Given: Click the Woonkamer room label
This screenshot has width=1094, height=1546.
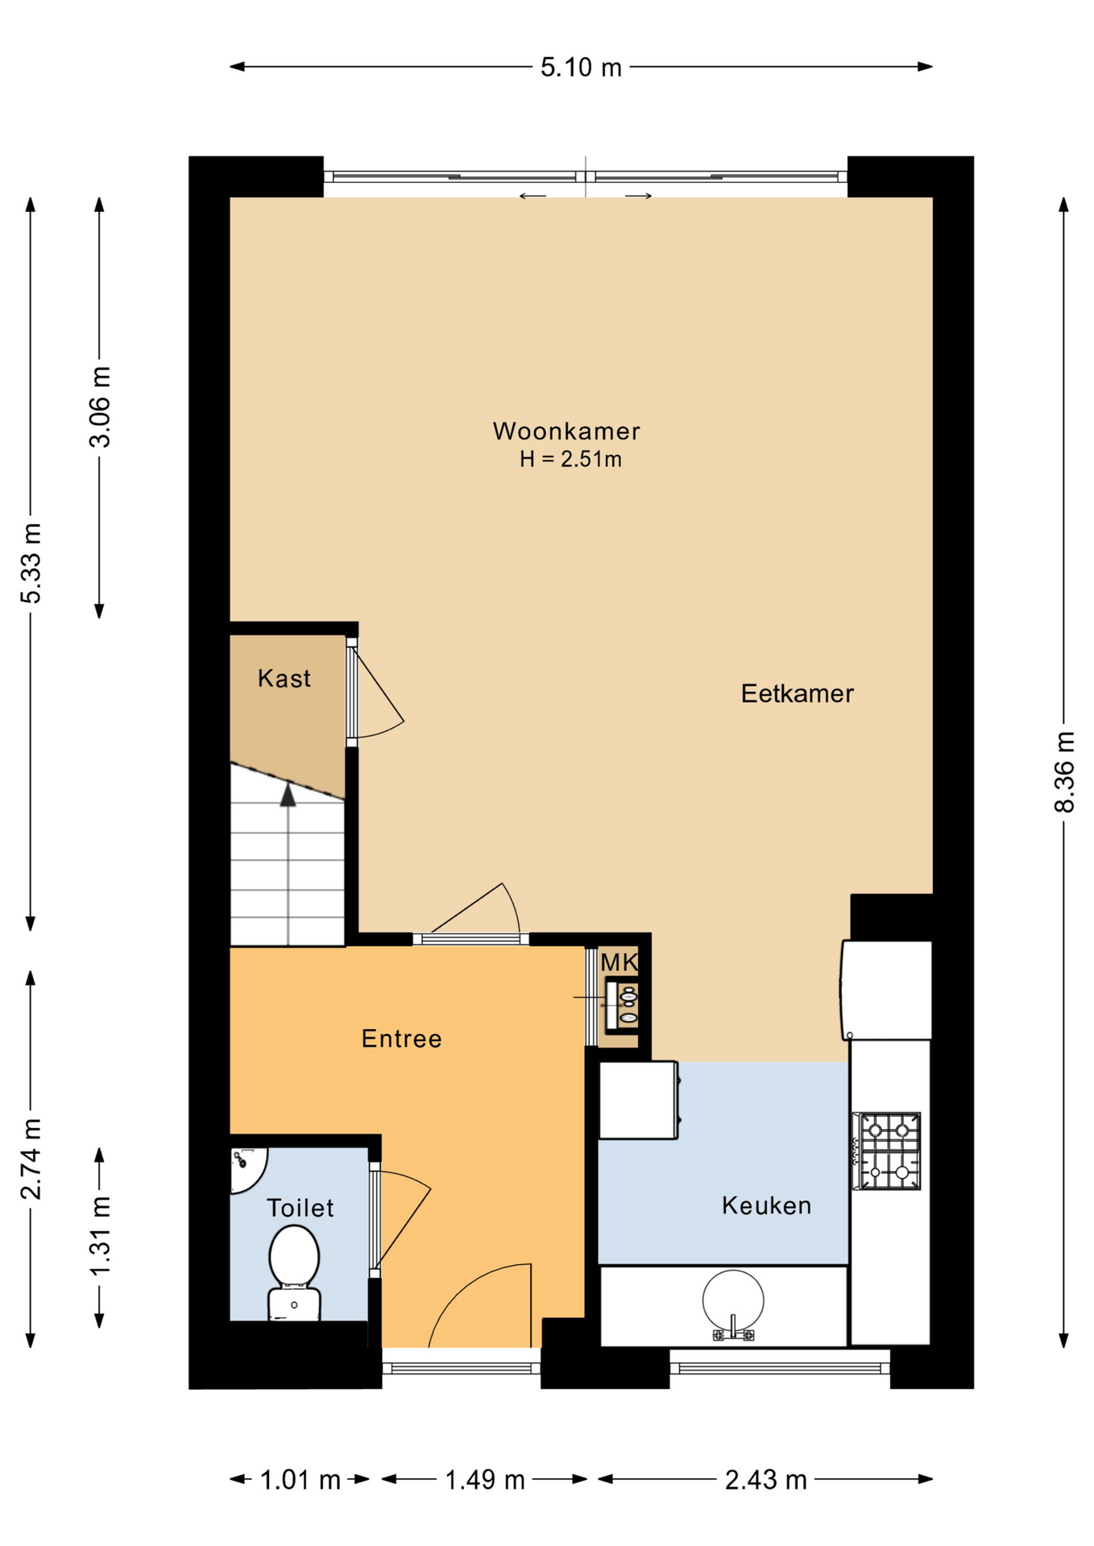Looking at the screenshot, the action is pyautogui.click(x=566, y=431).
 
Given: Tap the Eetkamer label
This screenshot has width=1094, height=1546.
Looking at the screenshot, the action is pyautogui.click(x=797, y=693).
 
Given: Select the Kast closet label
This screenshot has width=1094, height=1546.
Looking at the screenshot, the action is pyautogui.click(x=284, y=678).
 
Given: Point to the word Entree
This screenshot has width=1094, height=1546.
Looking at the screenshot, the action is pyautogui.click(x=401, y=1039).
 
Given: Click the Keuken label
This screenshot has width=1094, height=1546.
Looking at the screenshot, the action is pyautogui.click(x=766, y=1205).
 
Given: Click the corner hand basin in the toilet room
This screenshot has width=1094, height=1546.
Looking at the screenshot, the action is pyautogui.click(x=247, y=1170).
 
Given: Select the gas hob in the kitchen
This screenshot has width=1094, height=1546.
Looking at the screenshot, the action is pyautogui.click(x=887, y=1151).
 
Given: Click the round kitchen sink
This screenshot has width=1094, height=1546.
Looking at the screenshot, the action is pyautogui.click(x=732, y=1301).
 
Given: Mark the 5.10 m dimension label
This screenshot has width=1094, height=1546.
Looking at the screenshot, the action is pyautogui.click(x=581, y=68).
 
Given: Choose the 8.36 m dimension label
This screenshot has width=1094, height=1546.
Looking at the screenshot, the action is pyautogui.click(x=1064, y=771).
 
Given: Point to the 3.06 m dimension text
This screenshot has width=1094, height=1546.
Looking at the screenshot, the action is pyautogui.click(x=100, y=407).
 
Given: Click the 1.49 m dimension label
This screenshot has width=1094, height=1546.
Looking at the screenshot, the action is pyautogui.click(x=485, y=1480).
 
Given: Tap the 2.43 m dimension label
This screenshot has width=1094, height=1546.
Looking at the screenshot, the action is pyautogui.click(x=765, y=1480).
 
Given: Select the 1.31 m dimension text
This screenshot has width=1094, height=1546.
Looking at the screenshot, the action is pyautogui.click(x=100, y=1236).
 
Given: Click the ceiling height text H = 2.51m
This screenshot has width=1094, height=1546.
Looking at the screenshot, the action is pyautogui.click(x=570, y=460).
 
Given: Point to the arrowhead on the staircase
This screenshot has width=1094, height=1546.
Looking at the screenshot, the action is pyautogui.click(x=288, y=796).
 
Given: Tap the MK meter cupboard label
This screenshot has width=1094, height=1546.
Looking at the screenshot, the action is pyautogui.click(x=619, y=962).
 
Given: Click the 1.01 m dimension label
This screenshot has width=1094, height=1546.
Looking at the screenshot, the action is pyautogui.click(x=300, y=1480).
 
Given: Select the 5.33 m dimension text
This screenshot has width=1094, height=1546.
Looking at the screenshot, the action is pyautogui.click(x=31, y=563).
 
